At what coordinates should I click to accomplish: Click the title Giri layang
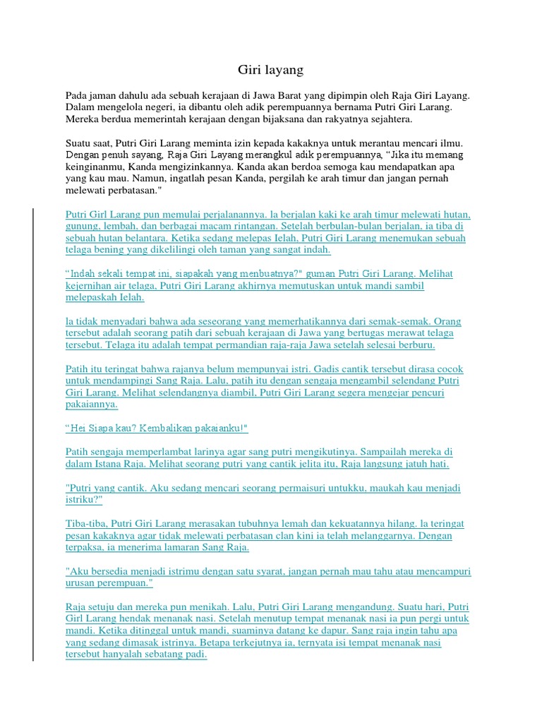tap(270, 69)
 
